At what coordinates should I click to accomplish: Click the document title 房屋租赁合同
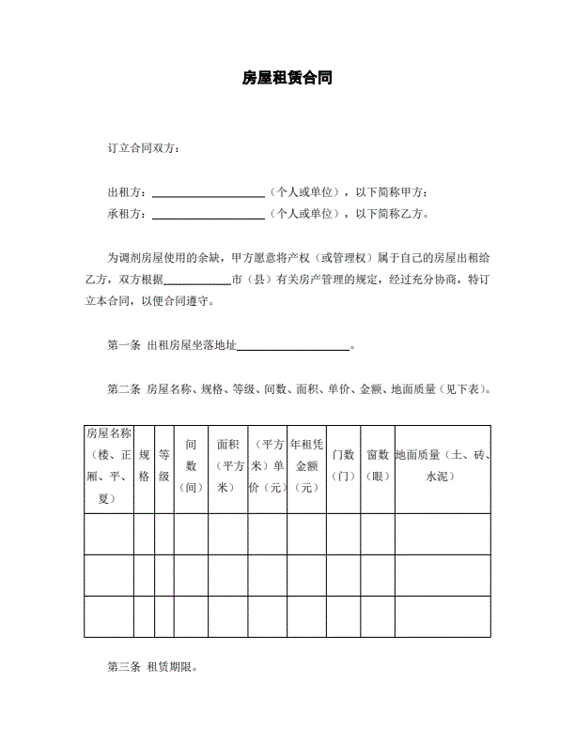[287, 80]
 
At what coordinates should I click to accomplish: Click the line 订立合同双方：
[142, 148]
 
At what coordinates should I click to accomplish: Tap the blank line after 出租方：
[208, 194]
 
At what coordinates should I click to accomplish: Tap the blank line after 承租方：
[208, 216]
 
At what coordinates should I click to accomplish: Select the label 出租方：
[128, 191]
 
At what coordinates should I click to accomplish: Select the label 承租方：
[128, 213]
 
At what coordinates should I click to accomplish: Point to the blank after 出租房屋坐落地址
[292, 348]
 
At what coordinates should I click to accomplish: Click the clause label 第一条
[124, 344]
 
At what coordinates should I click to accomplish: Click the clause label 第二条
[124, 388]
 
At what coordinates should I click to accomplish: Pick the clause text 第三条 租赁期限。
[152, 668]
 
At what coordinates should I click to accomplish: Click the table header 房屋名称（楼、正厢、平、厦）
[108, 465]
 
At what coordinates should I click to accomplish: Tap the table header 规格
[144, 465]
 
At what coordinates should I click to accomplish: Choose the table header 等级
[163, 465]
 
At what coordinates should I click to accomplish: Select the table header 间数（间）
[191, 465]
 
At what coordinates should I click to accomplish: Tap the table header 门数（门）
[343, 465]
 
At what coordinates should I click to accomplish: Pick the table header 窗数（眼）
[378, 465]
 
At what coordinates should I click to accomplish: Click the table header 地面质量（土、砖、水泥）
[443, 465]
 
